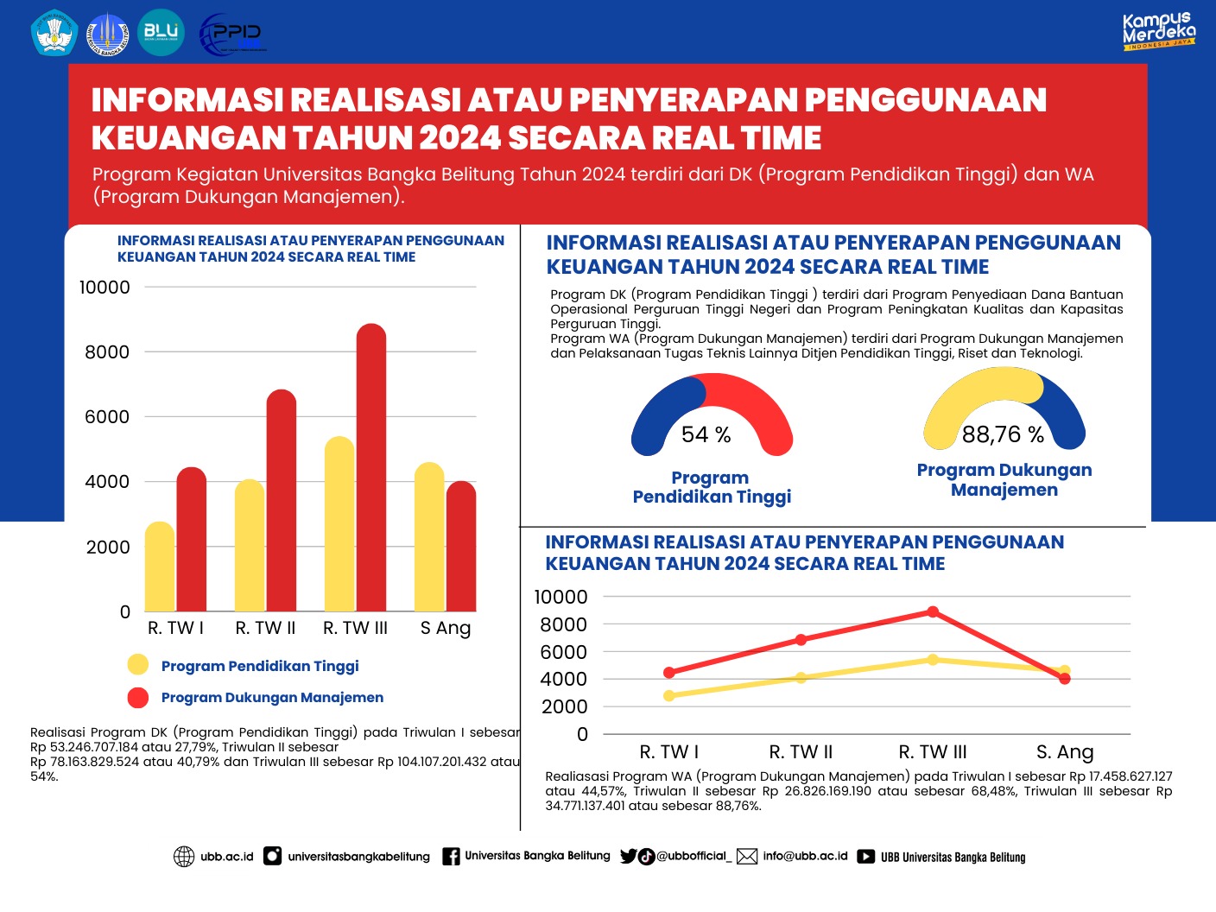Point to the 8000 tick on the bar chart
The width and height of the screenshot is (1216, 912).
pos(107,352)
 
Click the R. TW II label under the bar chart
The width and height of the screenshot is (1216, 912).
pos(265,628)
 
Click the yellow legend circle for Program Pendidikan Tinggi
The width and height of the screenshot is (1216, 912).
pos(138,665)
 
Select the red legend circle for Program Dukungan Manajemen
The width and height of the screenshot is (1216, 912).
pos(138,697)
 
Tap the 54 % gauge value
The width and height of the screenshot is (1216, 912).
pos(706,434)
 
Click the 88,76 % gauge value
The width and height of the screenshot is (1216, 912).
pos(1003,434)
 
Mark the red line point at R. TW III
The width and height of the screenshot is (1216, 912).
pos(933,611)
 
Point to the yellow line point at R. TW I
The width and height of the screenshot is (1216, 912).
pos(669,695)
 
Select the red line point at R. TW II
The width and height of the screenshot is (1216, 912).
pos(801,640)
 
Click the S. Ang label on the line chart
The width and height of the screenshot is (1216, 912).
pos(1064,752)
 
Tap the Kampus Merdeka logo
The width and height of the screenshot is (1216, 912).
pos(1158,31)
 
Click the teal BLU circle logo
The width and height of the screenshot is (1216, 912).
pos(161,33)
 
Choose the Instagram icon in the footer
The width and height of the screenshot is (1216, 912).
pos(272,856)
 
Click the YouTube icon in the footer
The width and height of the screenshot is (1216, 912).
pos(865,857)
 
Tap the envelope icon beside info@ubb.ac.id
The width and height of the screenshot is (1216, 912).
pos(747,856)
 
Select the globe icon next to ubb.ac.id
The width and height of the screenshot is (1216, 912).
pos(184,856)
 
